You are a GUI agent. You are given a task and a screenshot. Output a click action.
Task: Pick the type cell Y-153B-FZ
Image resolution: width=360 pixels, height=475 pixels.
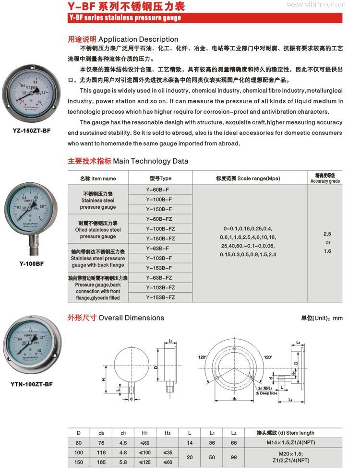click(160, 297)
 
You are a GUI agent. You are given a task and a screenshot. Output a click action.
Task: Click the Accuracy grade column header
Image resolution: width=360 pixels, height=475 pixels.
click(325, 178)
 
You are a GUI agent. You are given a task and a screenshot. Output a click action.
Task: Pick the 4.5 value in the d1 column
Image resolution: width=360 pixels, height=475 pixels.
click(123, 442)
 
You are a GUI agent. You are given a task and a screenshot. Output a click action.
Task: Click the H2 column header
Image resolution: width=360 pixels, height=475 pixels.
click(168, 433)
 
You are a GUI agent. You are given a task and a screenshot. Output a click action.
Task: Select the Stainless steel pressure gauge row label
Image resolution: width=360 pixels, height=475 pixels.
click(98, 200)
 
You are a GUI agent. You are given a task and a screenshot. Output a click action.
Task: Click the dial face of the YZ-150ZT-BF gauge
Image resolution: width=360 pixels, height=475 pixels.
click(32, 91)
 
